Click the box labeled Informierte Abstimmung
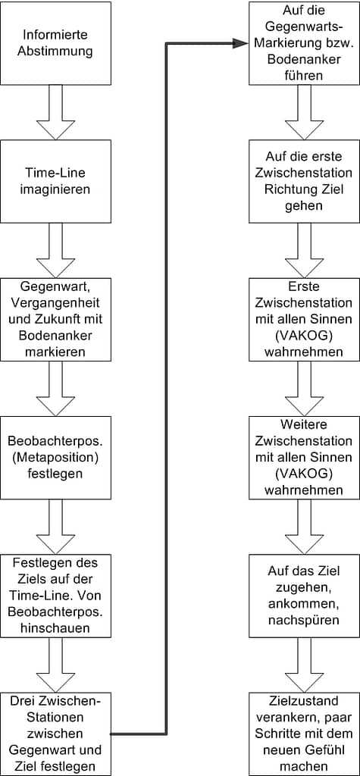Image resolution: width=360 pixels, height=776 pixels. tap(55, 43)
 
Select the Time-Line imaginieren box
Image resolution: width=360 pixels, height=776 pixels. tap(55, 181)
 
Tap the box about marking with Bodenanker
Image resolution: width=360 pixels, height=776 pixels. tap(55, 319)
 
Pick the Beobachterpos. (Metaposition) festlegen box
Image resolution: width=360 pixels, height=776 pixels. tap(55, 457)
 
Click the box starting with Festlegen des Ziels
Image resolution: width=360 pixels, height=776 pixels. tap(55, 596)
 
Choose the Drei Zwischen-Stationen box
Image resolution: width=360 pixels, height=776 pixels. tap(55, 734)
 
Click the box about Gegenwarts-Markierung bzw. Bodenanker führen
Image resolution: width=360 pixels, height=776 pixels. tap(304, 43)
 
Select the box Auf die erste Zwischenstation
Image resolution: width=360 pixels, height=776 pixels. tap(304, 181)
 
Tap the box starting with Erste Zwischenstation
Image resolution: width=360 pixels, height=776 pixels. tap(304, 319)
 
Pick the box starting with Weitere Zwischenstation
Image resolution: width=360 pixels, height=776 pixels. tap(304, 457)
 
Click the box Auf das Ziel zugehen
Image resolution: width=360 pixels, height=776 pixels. tap(304, 596)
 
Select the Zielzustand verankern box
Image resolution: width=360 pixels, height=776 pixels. tap(304, 734)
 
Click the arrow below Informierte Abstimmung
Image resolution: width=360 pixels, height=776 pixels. tap(55, 112)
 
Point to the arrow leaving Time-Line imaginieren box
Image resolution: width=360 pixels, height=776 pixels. tap(55, 250)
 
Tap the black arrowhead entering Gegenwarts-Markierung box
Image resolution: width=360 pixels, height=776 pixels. tap(241, 43)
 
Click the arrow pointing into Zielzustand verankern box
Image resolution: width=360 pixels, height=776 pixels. tap(304, 665)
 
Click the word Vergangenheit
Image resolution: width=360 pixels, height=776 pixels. tap(55, 303)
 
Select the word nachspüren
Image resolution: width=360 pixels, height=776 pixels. tap(304, 620)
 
